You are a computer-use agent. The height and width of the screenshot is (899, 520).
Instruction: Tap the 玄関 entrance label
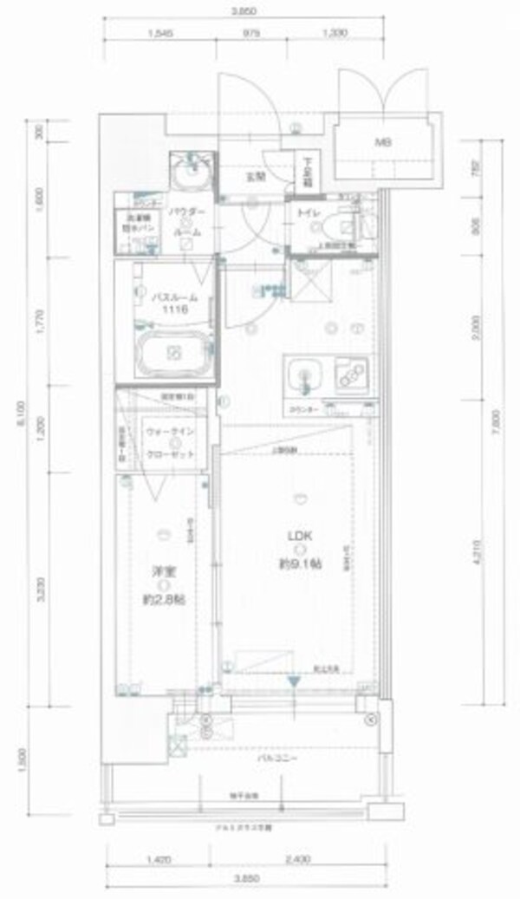(x=255, y=176)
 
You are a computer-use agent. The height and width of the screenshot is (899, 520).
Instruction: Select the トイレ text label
(x=307, y=212)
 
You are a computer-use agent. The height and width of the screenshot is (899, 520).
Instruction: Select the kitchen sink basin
(x=304, y=375)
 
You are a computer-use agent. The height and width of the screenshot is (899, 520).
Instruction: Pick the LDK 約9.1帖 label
(x=299, y=552)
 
